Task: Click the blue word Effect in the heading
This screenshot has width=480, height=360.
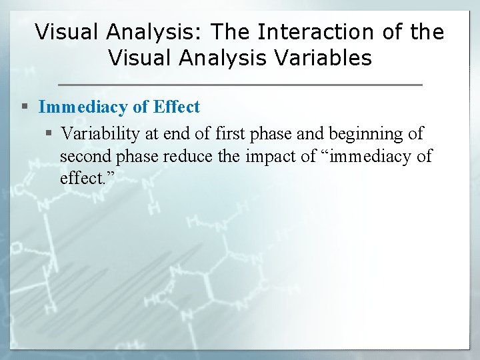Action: click(177, 107)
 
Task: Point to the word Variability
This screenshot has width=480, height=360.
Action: click(101, 133)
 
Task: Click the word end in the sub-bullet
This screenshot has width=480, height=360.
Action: click(177, 133)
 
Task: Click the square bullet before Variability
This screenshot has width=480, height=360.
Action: click(51, 134)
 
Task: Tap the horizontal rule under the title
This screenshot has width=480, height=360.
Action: click(240, 85)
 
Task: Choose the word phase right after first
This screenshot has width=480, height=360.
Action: click(272, 133)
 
